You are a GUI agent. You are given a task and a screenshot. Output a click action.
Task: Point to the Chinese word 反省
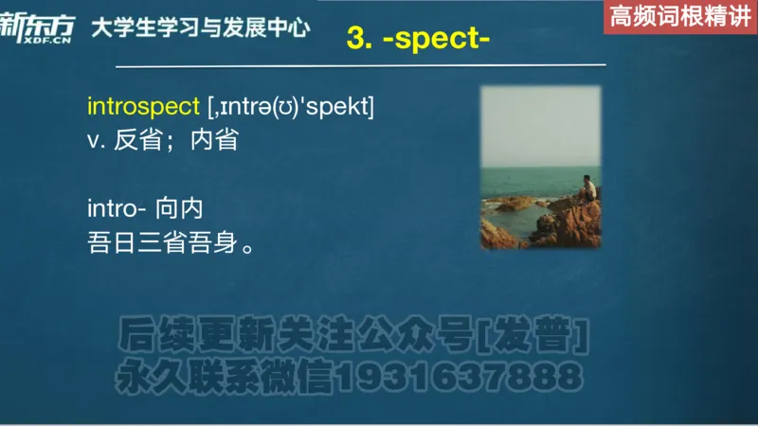pyautogui.click(x=135, y=141)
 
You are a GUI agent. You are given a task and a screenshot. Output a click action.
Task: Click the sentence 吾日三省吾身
pyautogui.click(x=162, y=243)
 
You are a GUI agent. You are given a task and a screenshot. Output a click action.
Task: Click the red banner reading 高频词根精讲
pyautogui.click(x=680, y=16)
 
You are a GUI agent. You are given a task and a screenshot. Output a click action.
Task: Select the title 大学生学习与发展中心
pyautogui.click(x=200, y=28)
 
